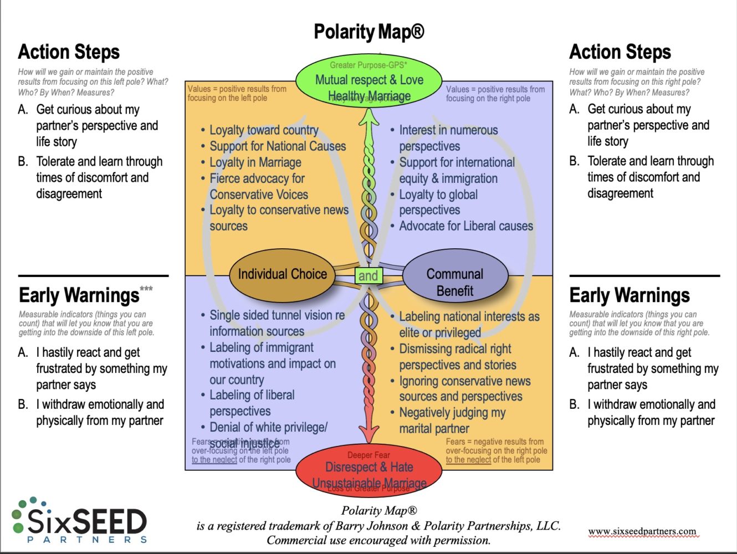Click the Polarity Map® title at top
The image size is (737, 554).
(368, 32)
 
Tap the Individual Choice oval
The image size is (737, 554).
(282, 274)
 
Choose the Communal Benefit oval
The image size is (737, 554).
(455, 281)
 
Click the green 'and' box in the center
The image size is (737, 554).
(368, 275)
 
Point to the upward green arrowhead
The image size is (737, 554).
(368, 116)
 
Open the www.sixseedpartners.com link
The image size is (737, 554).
(642, 531)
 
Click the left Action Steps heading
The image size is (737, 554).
(69, 52)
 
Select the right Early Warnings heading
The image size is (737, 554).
(629, 295)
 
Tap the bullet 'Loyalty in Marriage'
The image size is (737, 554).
(255, 162)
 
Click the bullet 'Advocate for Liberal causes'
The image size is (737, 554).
(465, 226)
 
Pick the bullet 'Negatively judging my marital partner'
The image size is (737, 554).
(452, 420)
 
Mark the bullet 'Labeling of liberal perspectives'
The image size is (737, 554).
(252, 403)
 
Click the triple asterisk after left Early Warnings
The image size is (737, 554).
(146, 289)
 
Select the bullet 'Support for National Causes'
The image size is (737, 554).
(277, 146)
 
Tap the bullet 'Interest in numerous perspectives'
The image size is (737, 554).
(448, 138)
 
